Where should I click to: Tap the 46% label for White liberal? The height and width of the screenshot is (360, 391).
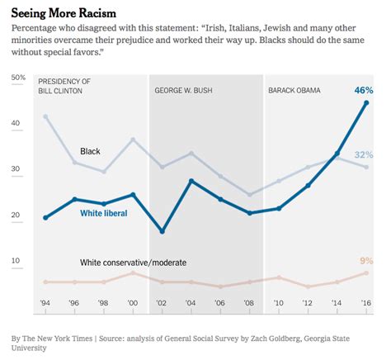[x=364, y=89]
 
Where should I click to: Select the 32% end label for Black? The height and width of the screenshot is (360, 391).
[x=364, y=154]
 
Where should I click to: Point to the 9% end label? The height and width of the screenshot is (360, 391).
[x=367, y=261]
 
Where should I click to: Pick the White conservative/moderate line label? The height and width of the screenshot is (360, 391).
[x=133, y=263]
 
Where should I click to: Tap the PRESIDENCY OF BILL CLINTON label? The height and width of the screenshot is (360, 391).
[x=64, y=86]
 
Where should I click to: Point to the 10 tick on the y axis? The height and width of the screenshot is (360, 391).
[x=16, y=261]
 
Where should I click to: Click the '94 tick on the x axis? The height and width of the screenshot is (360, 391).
[x=45, y=304]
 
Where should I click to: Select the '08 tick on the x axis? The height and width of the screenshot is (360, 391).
[x=250, y=304]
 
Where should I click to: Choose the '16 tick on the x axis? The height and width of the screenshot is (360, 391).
[x=366, y=304]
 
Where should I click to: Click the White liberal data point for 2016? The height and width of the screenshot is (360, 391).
[x=366, y=103]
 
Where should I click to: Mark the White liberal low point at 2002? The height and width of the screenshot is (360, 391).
[x=162, y=231]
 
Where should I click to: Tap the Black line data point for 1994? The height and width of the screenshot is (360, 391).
[x=45, y=116]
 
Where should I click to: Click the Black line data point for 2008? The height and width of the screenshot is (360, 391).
[x=250, y=195]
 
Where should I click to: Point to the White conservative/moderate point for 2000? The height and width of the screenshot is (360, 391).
[x=133, y=272]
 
